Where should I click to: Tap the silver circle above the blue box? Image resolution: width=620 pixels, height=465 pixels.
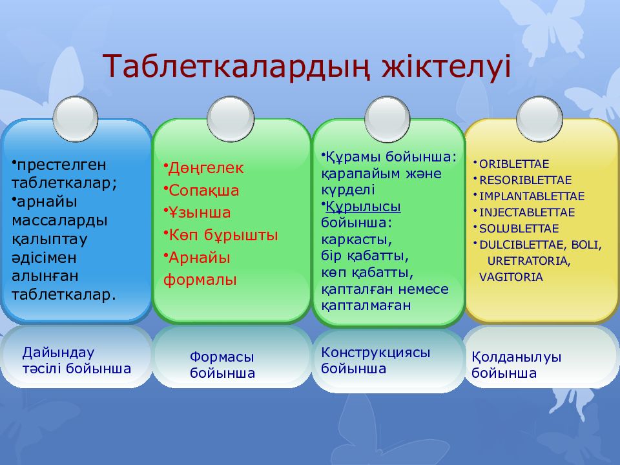click(76, 119)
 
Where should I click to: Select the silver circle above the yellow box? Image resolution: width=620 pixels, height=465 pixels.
click(539, 119)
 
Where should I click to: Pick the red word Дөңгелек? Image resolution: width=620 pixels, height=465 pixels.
click(206, 168)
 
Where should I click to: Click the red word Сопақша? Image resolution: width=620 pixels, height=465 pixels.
click(204, 191)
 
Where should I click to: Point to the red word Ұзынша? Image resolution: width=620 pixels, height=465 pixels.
click(200, 212)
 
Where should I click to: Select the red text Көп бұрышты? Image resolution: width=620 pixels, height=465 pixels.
click(223, 235)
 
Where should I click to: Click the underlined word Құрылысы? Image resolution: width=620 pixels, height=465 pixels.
click(363, 207)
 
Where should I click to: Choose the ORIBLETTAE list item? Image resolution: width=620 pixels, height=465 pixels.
click(514, 164)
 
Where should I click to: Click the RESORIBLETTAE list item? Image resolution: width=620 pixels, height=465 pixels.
click(526, 180)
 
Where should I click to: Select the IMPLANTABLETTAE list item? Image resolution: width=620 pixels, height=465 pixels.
click(532, 196)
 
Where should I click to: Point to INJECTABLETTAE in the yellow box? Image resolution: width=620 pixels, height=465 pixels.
click(527, 212)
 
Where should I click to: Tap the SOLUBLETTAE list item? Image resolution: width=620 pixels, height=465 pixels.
click(519, 229)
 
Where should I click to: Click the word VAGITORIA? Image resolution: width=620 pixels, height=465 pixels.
click(511, 277)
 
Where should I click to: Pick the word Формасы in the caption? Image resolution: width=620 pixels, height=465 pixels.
click(222, 356)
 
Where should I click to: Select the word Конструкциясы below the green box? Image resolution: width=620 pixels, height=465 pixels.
click(375, 353)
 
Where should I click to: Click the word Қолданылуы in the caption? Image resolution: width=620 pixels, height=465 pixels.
click(516, 357)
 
